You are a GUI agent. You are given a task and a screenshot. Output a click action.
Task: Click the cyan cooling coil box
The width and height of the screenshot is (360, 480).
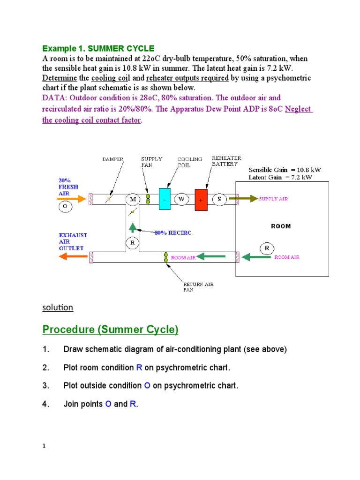(165, 199)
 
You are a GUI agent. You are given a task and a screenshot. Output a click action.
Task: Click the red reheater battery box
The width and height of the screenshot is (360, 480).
(201, 199)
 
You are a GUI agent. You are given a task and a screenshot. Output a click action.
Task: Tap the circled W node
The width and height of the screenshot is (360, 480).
(181, 199)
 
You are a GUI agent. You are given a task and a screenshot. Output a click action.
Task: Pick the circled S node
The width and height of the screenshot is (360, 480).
(219, 199)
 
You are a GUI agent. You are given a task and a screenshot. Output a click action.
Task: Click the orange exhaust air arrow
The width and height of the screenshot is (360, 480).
(74, 256)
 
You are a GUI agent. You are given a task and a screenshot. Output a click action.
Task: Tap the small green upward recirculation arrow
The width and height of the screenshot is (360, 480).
(133, 228)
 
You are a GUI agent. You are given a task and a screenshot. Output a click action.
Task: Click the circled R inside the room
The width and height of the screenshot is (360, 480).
(266, 248)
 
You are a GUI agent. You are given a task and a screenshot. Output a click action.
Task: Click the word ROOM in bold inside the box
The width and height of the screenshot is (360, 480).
(281, 226)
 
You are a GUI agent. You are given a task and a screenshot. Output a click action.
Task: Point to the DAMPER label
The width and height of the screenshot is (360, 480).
(113, 159)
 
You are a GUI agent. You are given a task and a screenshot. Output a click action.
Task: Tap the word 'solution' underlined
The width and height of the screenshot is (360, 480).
(58, 307)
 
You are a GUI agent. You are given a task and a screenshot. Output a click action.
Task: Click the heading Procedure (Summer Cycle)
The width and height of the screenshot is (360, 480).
(110, 330)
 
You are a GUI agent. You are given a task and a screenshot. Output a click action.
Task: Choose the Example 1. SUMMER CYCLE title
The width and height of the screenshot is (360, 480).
(98, 48)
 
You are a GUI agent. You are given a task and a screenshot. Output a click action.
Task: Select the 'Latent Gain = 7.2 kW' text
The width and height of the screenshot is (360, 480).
(280, 177)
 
